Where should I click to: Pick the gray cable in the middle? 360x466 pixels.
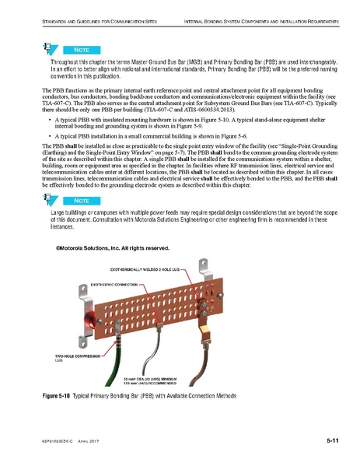(x=158, y=355)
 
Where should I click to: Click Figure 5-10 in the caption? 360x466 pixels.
(x=58, y=398)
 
